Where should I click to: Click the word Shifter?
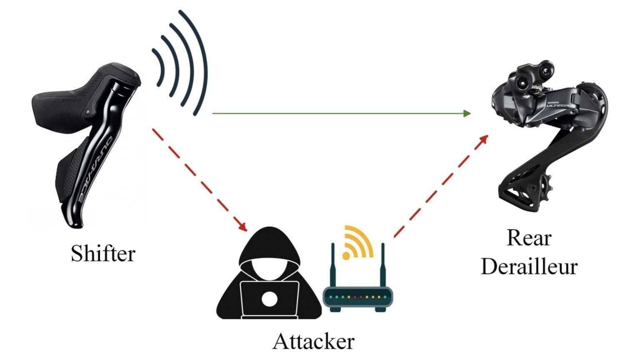click(103, 253)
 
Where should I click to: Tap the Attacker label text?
click(313, 341)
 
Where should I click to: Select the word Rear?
click(529, 238)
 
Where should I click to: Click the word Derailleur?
click(529, 267)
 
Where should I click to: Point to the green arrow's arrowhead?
click(467, 113)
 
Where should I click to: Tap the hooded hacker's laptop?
click(269, 299)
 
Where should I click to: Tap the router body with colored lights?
click(358, 297)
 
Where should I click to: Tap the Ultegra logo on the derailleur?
click(560, 105)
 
